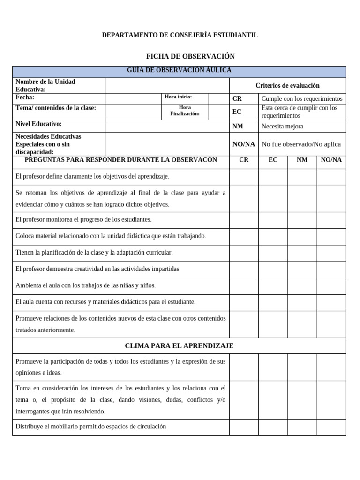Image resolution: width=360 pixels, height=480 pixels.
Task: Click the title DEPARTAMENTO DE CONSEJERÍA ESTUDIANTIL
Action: coord(180,35)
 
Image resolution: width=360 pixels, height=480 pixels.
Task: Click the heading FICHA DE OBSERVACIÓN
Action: coord(190,56)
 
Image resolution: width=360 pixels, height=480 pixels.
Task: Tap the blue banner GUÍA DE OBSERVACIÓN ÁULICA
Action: coord(179,71)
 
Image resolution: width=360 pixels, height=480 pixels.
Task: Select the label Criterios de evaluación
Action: coord(287,85)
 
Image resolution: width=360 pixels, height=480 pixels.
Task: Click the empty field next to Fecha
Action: coord(133,98)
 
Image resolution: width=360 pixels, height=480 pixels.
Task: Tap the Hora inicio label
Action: coord(178,97)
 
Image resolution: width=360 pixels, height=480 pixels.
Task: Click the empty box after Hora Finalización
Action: coord(218,111)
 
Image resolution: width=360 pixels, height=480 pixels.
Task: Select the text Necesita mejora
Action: coord(282,127)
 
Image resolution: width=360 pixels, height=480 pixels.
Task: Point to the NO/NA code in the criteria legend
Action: coord(243,144)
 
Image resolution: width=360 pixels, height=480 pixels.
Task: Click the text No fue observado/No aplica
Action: coord(301,144)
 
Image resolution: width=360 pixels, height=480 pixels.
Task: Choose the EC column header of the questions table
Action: coord(273,160)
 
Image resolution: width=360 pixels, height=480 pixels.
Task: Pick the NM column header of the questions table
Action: coord(302,160)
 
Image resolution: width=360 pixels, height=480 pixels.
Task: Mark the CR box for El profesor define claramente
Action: coord(243,177)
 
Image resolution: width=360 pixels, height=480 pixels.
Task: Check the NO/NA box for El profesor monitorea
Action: coord(331,220)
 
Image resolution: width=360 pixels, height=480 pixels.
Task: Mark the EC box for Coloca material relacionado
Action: coord(273,236)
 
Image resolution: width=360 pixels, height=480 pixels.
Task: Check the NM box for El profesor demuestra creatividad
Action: coord(302,269)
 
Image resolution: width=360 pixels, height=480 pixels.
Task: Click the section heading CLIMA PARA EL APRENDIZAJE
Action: coord(179,346)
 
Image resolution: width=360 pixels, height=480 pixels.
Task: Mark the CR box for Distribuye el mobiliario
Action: coord(243,427)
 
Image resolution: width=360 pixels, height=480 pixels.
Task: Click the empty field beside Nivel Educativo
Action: coord(167,126)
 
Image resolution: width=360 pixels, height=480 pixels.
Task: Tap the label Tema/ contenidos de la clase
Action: coord(56,108)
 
